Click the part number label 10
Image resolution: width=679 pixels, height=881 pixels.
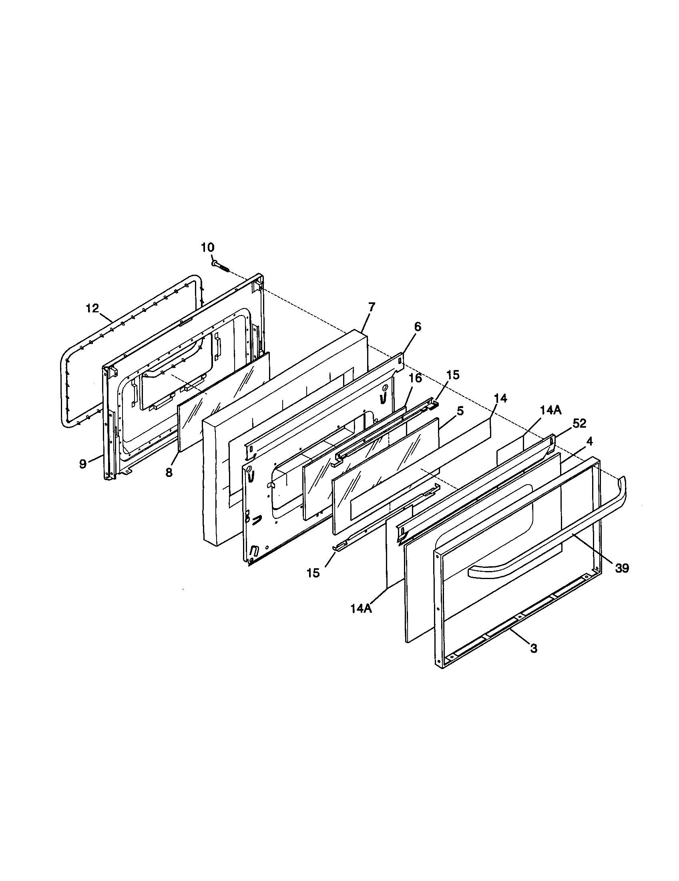[208, 247]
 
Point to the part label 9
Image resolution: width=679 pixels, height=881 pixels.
[82, 464]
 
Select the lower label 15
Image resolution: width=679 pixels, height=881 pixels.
[313, 573]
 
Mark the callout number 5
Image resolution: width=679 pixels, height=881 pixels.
[460, 411]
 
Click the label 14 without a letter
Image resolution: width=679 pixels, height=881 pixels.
[500, 398]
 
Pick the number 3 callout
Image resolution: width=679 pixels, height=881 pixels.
[533, 649]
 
